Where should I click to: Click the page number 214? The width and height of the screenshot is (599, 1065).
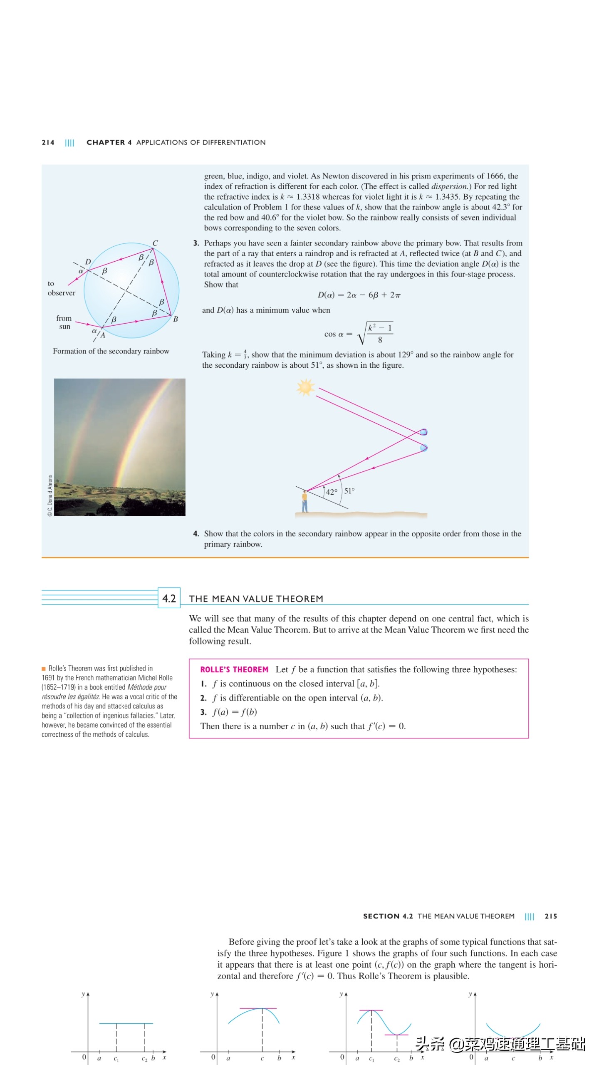coord(48,142)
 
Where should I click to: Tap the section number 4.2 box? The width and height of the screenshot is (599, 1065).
coord(169,598)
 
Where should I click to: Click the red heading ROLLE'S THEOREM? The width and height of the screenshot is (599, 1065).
coord(234,669)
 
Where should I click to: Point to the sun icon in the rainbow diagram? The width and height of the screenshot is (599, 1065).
coord(305,387)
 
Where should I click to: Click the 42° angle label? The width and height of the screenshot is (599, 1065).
coord(332,492)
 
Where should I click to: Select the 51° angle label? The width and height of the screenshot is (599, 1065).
coord(349,491)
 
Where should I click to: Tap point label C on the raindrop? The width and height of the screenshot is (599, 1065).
coord(155,243)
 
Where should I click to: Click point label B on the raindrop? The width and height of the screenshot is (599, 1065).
coord(176,319)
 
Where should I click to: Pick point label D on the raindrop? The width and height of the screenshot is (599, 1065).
coord(88,262)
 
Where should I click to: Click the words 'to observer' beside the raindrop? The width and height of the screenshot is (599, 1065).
coord(61,288)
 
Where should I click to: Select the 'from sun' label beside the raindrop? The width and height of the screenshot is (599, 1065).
coord(64,322)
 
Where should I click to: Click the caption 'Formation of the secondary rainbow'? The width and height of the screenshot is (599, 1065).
coord(111,351)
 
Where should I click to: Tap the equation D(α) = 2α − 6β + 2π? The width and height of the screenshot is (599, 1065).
coord(359,295)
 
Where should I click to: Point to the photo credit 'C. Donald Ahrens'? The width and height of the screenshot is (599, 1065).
coord(50,495)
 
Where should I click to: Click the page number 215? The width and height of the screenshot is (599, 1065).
coord(551,916)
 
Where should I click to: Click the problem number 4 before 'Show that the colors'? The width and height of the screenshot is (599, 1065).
coord(196,534)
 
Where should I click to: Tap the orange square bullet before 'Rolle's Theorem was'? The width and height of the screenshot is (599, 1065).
coord(44,669)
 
